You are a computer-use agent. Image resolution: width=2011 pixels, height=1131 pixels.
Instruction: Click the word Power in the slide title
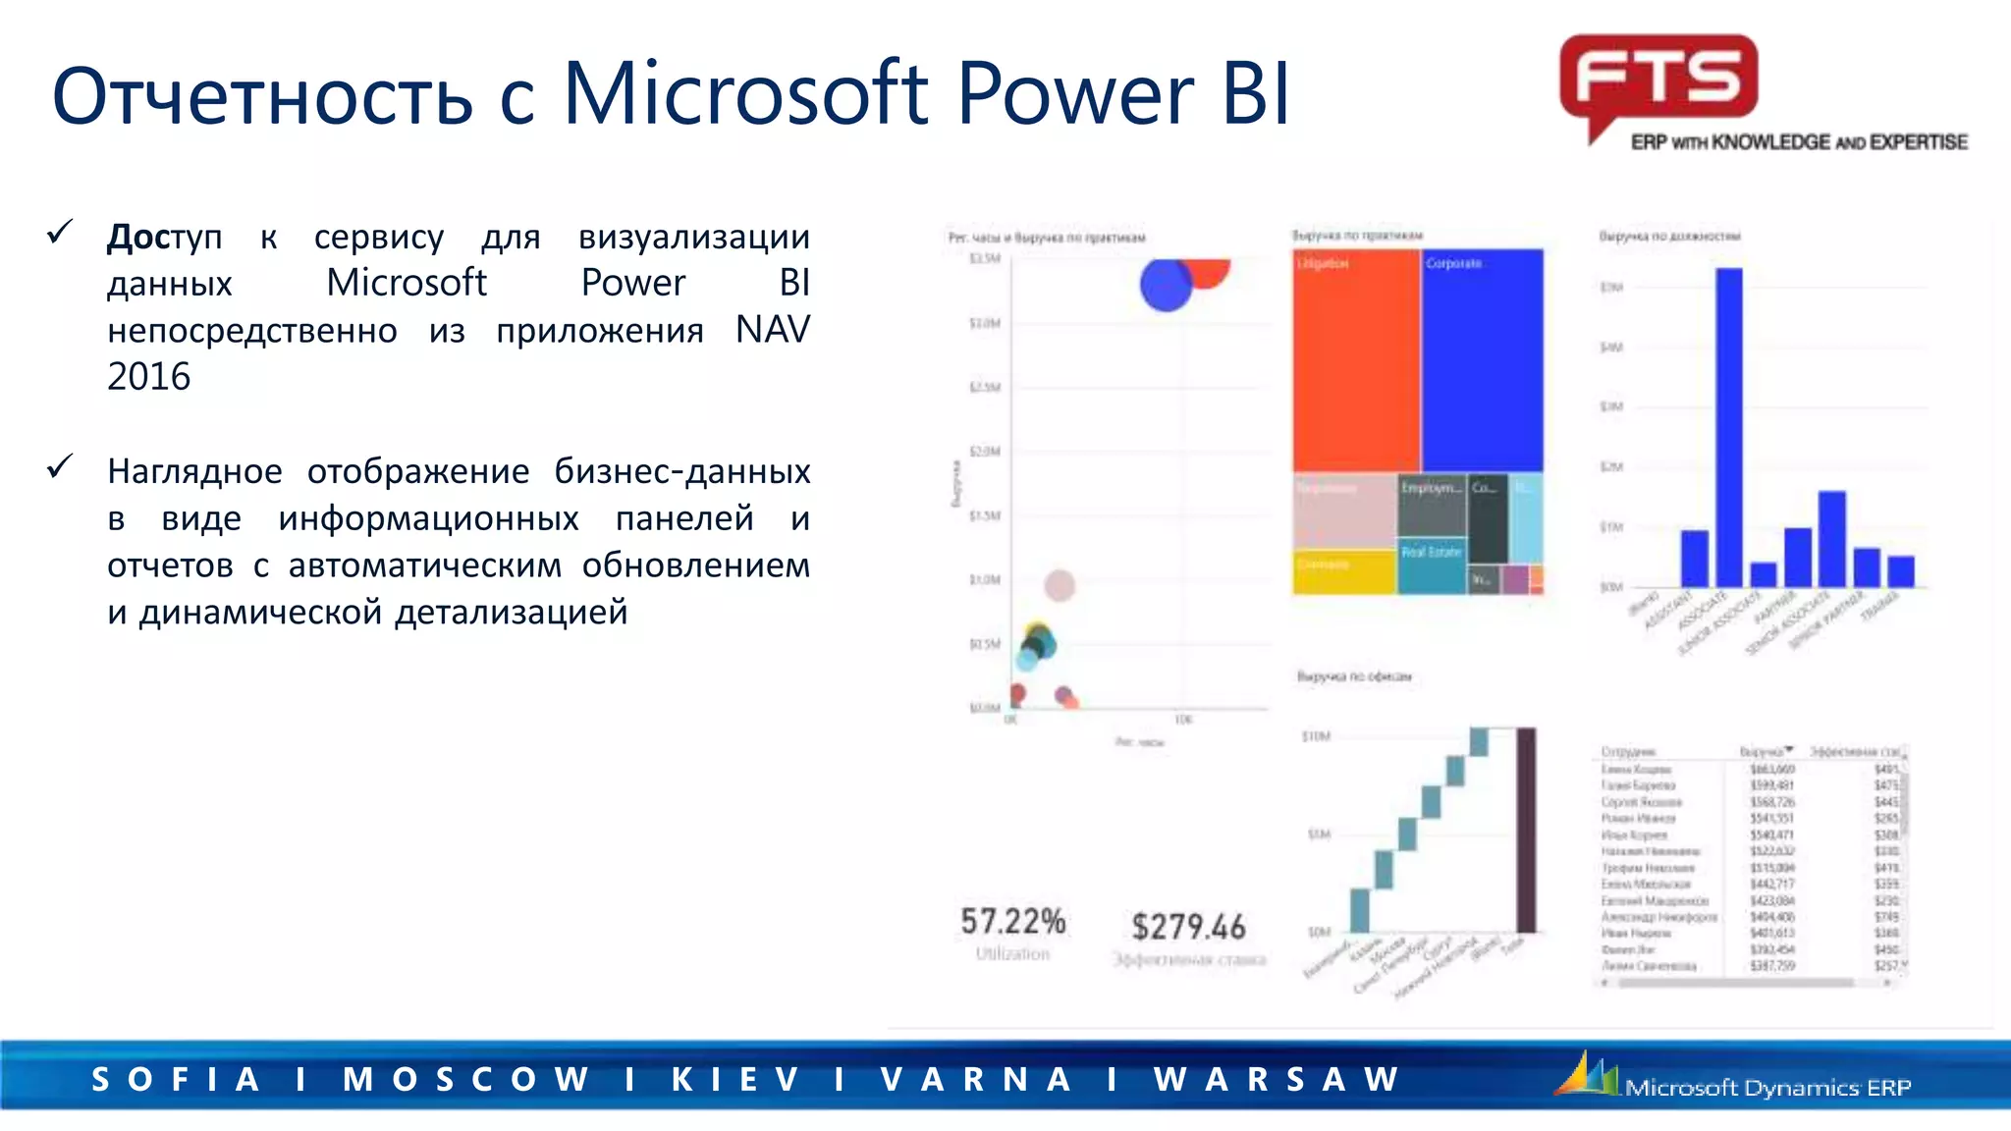1074,95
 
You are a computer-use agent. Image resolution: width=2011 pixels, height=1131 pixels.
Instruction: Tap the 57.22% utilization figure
1012,922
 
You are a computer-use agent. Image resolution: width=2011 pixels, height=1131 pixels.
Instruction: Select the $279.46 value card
1188,927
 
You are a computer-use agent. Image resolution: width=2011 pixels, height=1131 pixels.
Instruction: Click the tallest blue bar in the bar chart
1728,427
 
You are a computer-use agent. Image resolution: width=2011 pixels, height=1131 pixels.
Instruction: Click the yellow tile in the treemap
1343,572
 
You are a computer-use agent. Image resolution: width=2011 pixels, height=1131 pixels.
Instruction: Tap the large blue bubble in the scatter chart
1166,285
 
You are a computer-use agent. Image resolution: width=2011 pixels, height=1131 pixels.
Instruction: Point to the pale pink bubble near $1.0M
1060,586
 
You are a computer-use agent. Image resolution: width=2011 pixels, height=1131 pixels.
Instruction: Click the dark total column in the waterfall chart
1526,830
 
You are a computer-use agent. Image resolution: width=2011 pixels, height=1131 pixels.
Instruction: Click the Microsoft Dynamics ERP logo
1734,1079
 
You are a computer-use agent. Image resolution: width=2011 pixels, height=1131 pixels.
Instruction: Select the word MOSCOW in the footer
465,1079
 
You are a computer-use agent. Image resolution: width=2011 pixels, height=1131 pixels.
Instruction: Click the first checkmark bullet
60,233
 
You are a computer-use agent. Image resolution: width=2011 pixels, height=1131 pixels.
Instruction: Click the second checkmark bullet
60,467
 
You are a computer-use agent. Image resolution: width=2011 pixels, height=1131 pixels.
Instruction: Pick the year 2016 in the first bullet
148,377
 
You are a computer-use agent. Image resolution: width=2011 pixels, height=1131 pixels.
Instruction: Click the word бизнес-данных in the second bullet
681,472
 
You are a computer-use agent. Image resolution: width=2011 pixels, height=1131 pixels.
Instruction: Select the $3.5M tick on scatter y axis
984,259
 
